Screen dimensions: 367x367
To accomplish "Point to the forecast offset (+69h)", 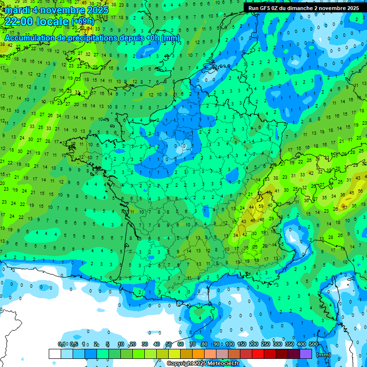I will (x=83, y=22).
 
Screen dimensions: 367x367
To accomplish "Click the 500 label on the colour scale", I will (x=313, y=344).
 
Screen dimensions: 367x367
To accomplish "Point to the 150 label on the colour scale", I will (x=242, y=344).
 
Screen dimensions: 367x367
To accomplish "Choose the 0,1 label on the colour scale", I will (x=61, y=344).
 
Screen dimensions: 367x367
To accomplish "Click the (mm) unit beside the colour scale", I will (x=324, y=354).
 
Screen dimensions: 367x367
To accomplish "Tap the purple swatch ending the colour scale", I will (x=306, y=354).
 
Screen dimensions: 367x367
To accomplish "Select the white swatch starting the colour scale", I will (x=54, y=354).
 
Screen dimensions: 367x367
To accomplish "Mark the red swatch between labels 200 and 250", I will (x=258, y=354).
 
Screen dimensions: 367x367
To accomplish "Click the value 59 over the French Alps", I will (x=260, y=206).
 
